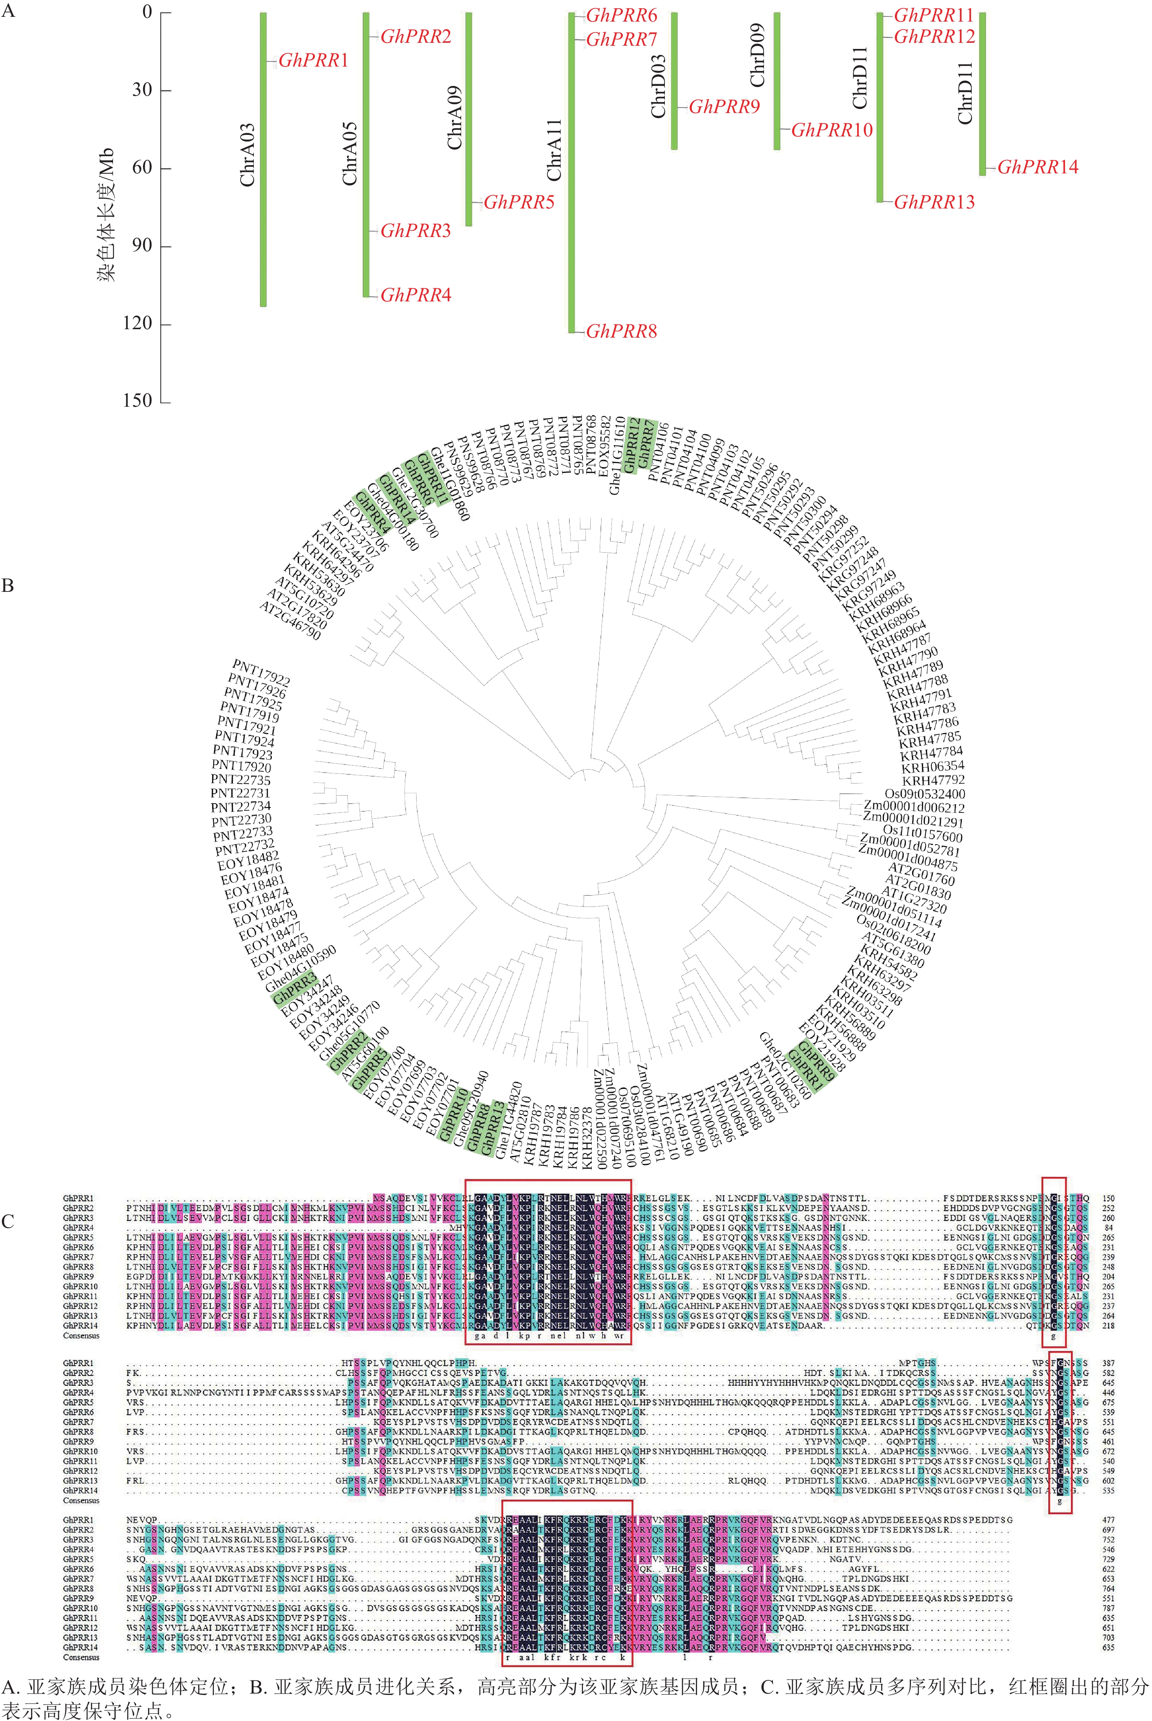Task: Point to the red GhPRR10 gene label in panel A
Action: click(832, 130)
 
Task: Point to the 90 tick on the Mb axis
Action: click(142, 245)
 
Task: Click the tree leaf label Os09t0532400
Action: click(924, 794)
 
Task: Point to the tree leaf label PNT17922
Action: click(261, 672)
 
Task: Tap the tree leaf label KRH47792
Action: click(933, 780)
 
